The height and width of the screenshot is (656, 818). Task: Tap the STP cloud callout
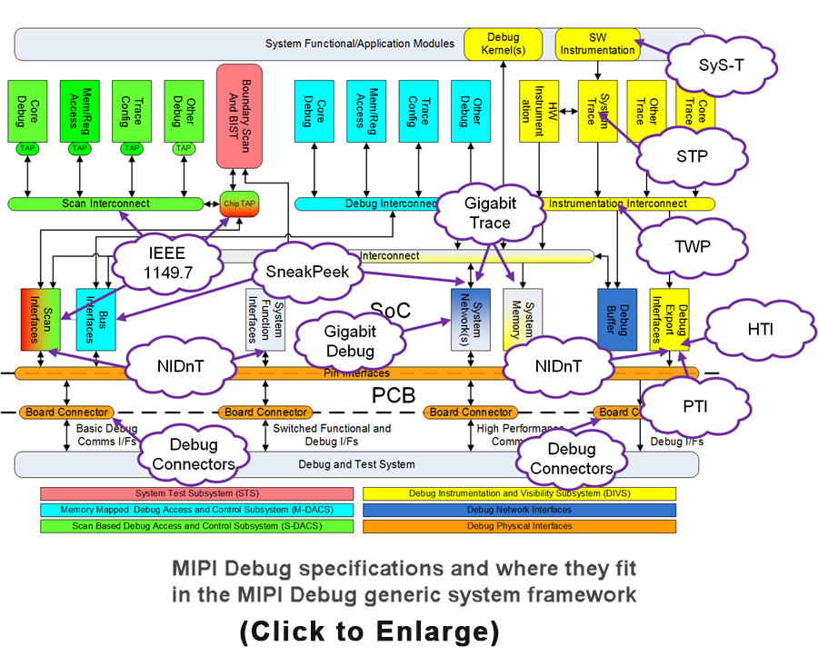(x=692, y=155)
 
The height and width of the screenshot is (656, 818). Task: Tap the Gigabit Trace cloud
(x=487, y=213)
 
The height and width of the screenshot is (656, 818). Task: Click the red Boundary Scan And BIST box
(x=239, y=115)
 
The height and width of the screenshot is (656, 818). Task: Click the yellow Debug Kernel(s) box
(x=503, y=44)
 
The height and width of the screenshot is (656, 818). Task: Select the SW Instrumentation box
(x=597, y=44)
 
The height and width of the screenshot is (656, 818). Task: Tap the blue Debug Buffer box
(x=617, y=320)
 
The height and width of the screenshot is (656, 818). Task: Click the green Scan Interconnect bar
(x=106, y=204)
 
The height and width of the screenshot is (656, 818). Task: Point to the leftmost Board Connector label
(x=66, y=412)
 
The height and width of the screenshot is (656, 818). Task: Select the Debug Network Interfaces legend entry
(x=519, y=510)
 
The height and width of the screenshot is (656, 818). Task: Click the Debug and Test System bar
(x=356, y=464)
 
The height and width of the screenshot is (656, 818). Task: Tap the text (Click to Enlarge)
(x=370, y=630)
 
